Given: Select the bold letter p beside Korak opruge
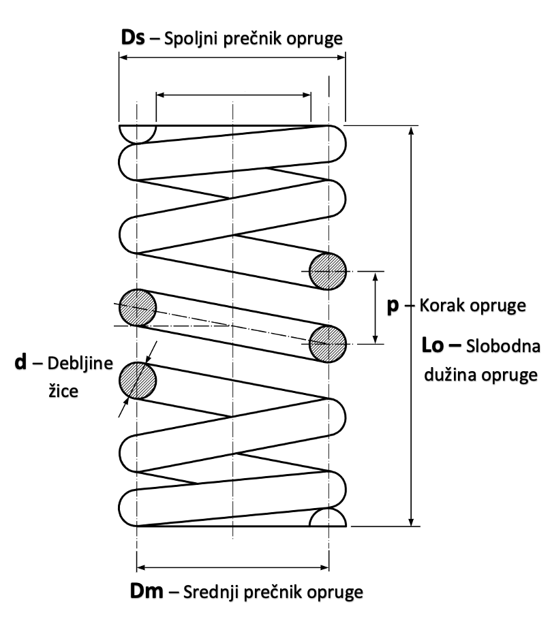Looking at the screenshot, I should (392, 306).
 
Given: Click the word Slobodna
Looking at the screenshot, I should (504, 348).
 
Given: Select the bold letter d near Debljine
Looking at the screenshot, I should (21, 363).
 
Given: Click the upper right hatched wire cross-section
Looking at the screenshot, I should (328, 272).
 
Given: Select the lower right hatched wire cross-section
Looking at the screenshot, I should (328, 343).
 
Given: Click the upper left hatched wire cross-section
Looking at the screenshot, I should (137, 307).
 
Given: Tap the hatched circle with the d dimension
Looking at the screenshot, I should (137, 379).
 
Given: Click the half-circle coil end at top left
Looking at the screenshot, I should (137, 133).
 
